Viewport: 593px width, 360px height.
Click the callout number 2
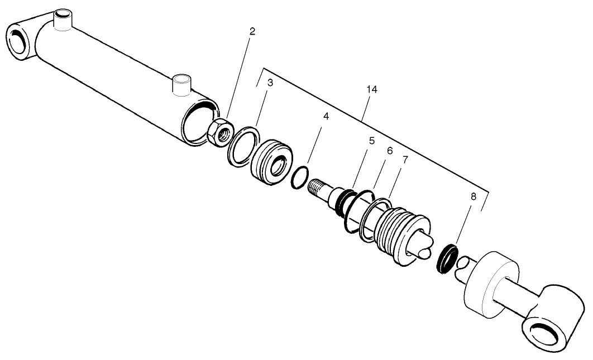[252, 31]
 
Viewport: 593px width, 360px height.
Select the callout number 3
[270, 83]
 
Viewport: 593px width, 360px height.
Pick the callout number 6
[390, 151]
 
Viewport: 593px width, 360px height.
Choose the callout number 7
[405, 160]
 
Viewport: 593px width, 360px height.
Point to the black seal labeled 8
[446, 256]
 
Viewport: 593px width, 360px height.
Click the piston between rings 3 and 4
[271, 161]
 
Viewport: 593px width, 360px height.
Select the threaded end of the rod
[318, 186]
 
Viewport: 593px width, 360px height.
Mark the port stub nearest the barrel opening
[181, 85]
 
